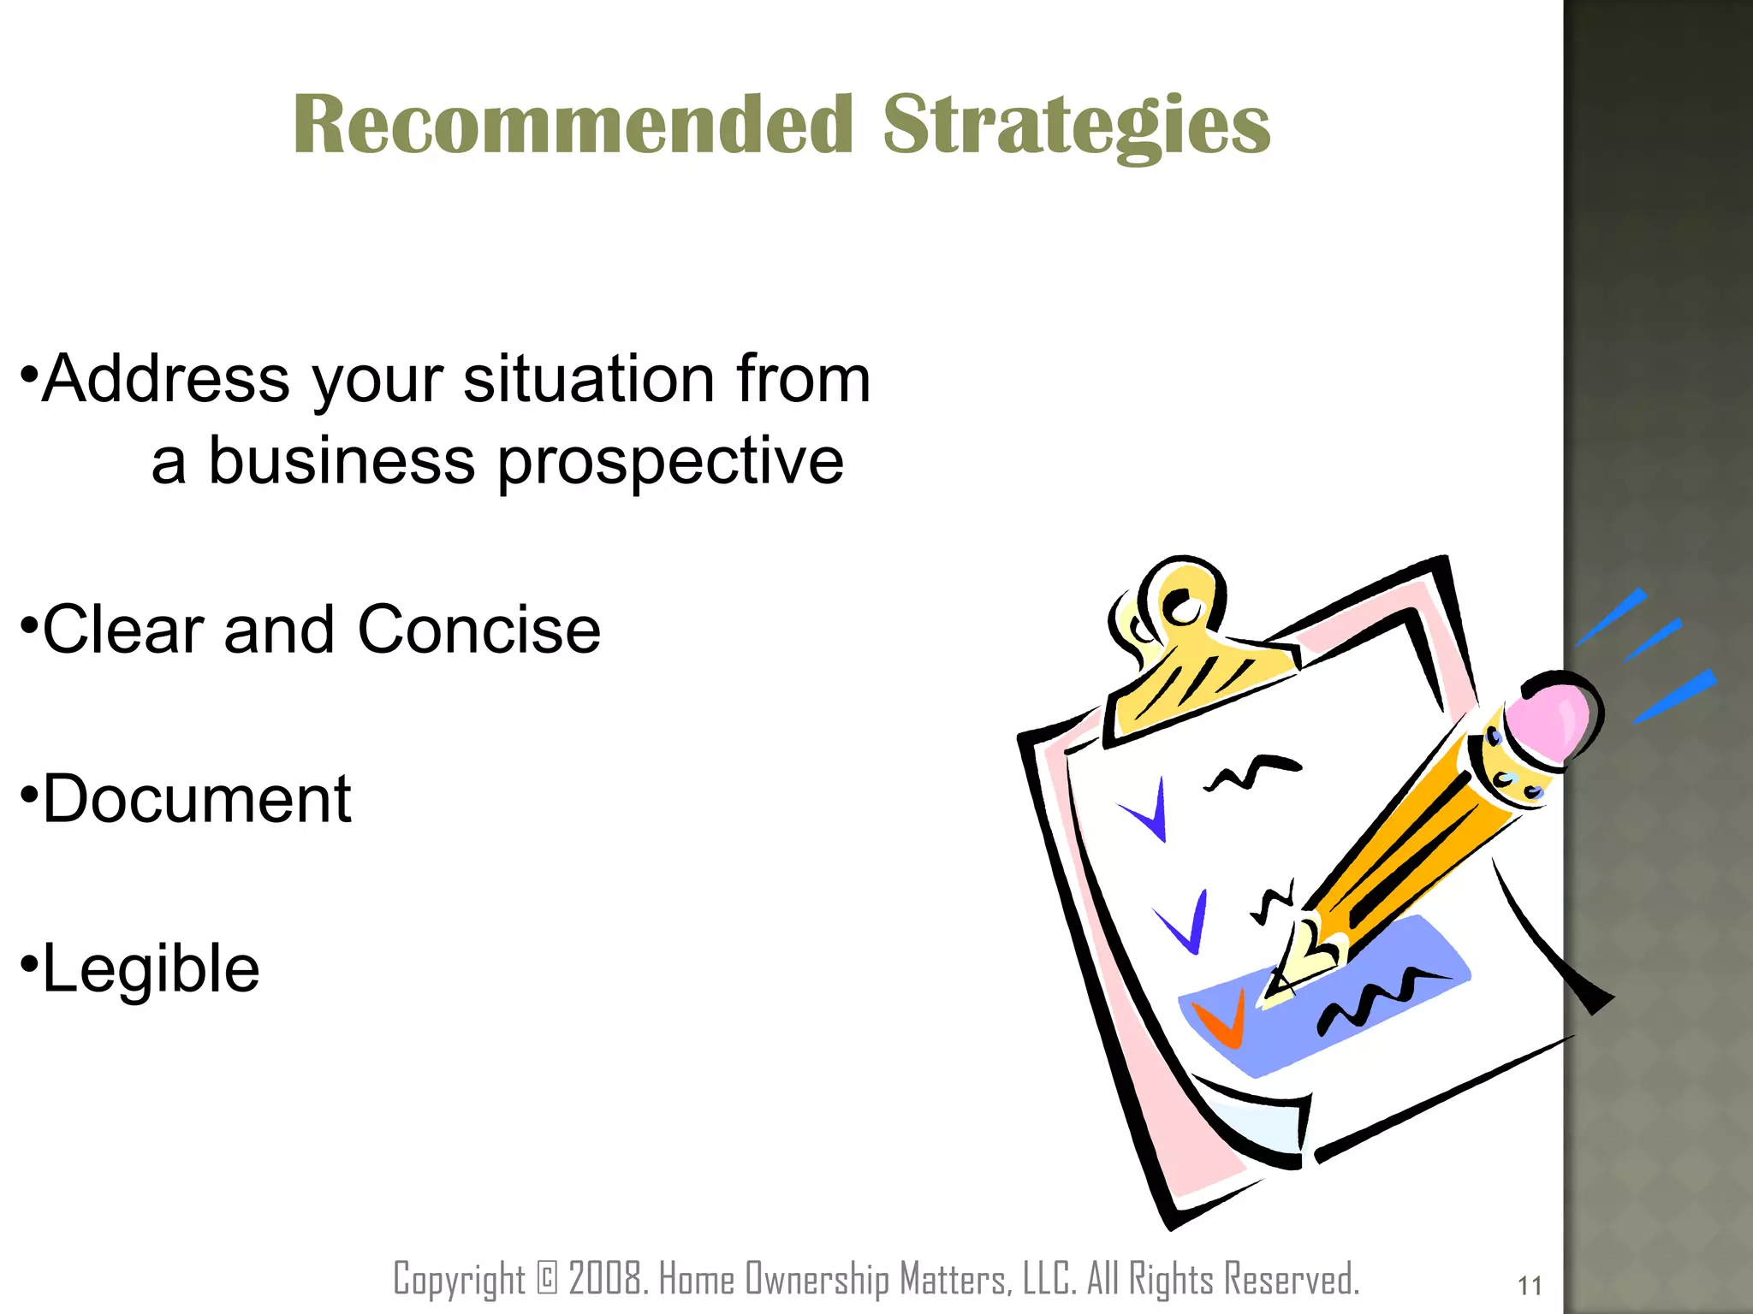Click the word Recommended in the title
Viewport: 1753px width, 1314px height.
[573, 125]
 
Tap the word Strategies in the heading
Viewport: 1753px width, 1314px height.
[1076, 127]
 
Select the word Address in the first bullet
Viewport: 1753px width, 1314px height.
[166, 379]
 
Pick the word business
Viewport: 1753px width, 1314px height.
[342, 461]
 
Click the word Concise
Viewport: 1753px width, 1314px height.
[479, 630]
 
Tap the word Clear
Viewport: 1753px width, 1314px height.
[123, 630]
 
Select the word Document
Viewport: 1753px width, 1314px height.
[197, 799]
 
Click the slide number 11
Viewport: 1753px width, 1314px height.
[1530, 1285]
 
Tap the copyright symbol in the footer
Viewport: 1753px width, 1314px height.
[547, 1278]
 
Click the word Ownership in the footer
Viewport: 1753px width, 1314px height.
[817, 1280]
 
